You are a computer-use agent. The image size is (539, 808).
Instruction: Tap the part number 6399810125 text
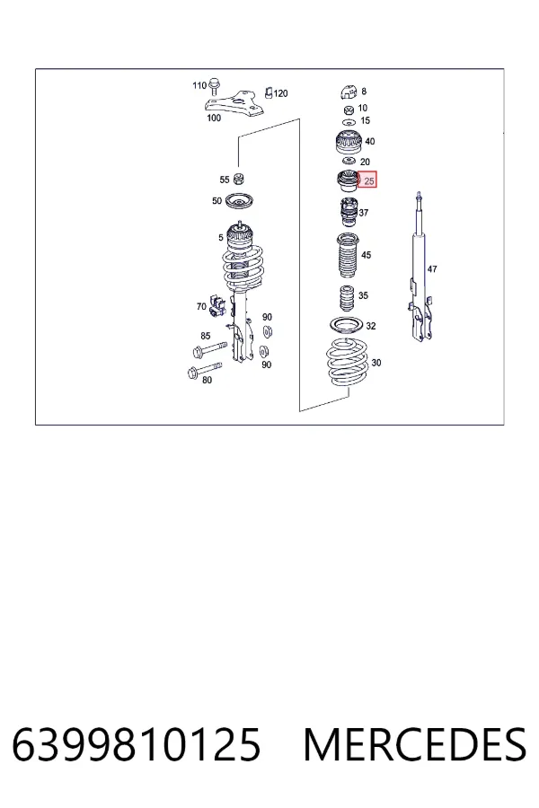[x=137, y=744]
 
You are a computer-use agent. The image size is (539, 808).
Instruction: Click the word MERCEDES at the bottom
[x=415, y=744]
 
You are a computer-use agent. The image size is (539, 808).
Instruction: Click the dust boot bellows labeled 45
[x=349, y=256]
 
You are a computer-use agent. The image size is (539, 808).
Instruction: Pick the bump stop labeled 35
[x=347, y=298]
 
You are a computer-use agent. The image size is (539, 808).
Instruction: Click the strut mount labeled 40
[x=349, y=142]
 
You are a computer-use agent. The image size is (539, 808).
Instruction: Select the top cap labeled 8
[x=349, y=92]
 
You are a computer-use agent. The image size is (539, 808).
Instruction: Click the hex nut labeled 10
[x=349, y=109]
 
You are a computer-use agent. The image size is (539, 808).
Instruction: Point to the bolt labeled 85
[x=209, y=349]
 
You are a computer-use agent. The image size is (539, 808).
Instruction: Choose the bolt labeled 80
[x=205, y=370]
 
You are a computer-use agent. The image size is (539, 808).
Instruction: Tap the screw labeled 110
[x=215, y=86]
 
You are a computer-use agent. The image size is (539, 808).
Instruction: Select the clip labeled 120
[x=269, y=92]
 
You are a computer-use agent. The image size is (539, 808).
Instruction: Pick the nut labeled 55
[x=238, y=180]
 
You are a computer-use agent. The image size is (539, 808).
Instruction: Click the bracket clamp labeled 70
[x=217, y=304]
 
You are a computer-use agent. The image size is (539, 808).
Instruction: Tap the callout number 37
[x=364, y=212]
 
